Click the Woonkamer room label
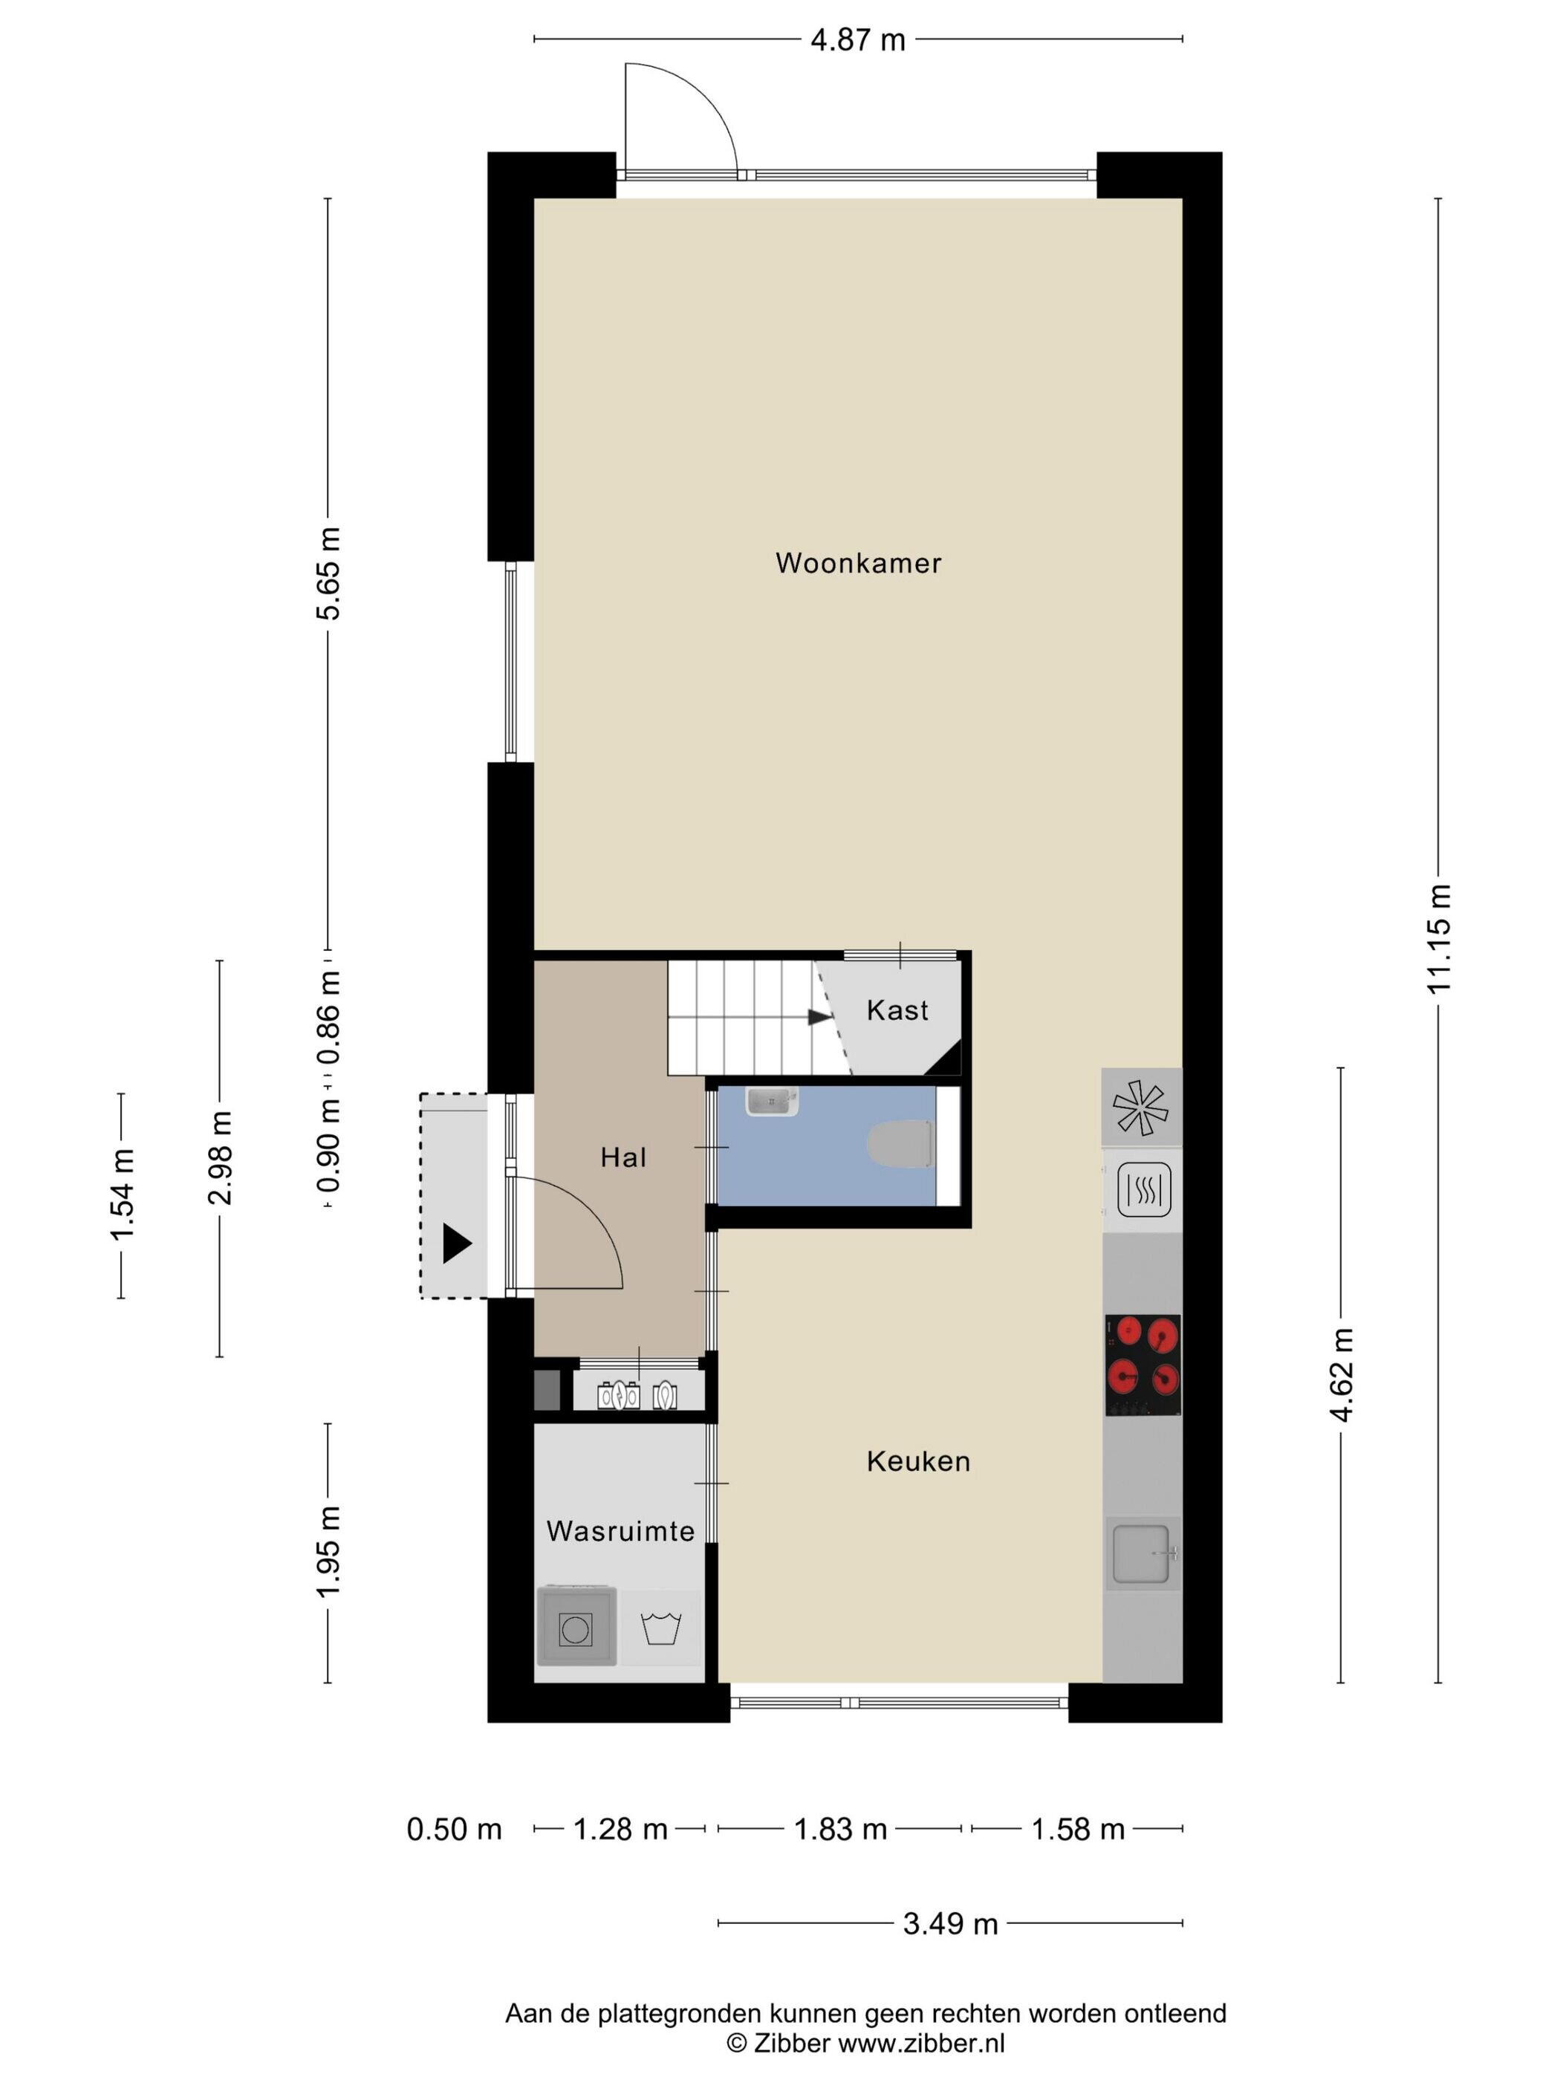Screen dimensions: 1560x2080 (857, 562)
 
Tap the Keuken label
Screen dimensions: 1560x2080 (917, 1461)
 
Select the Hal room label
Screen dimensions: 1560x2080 (623, 1157)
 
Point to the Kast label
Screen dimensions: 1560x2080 (897, 1010)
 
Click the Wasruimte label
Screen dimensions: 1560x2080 (620, 1531)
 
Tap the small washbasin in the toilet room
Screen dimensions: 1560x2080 (771, 1101)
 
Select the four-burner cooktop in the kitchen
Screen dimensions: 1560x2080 (1143, 1365)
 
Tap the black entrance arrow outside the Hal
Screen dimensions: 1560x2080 (457, 1244)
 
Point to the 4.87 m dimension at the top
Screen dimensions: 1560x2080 (857, 39)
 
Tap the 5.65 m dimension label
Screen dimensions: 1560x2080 (328, 573)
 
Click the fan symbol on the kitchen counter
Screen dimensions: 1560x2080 (1140, 1108)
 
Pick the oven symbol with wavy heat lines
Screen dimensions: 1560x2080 (1143, 1189)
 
